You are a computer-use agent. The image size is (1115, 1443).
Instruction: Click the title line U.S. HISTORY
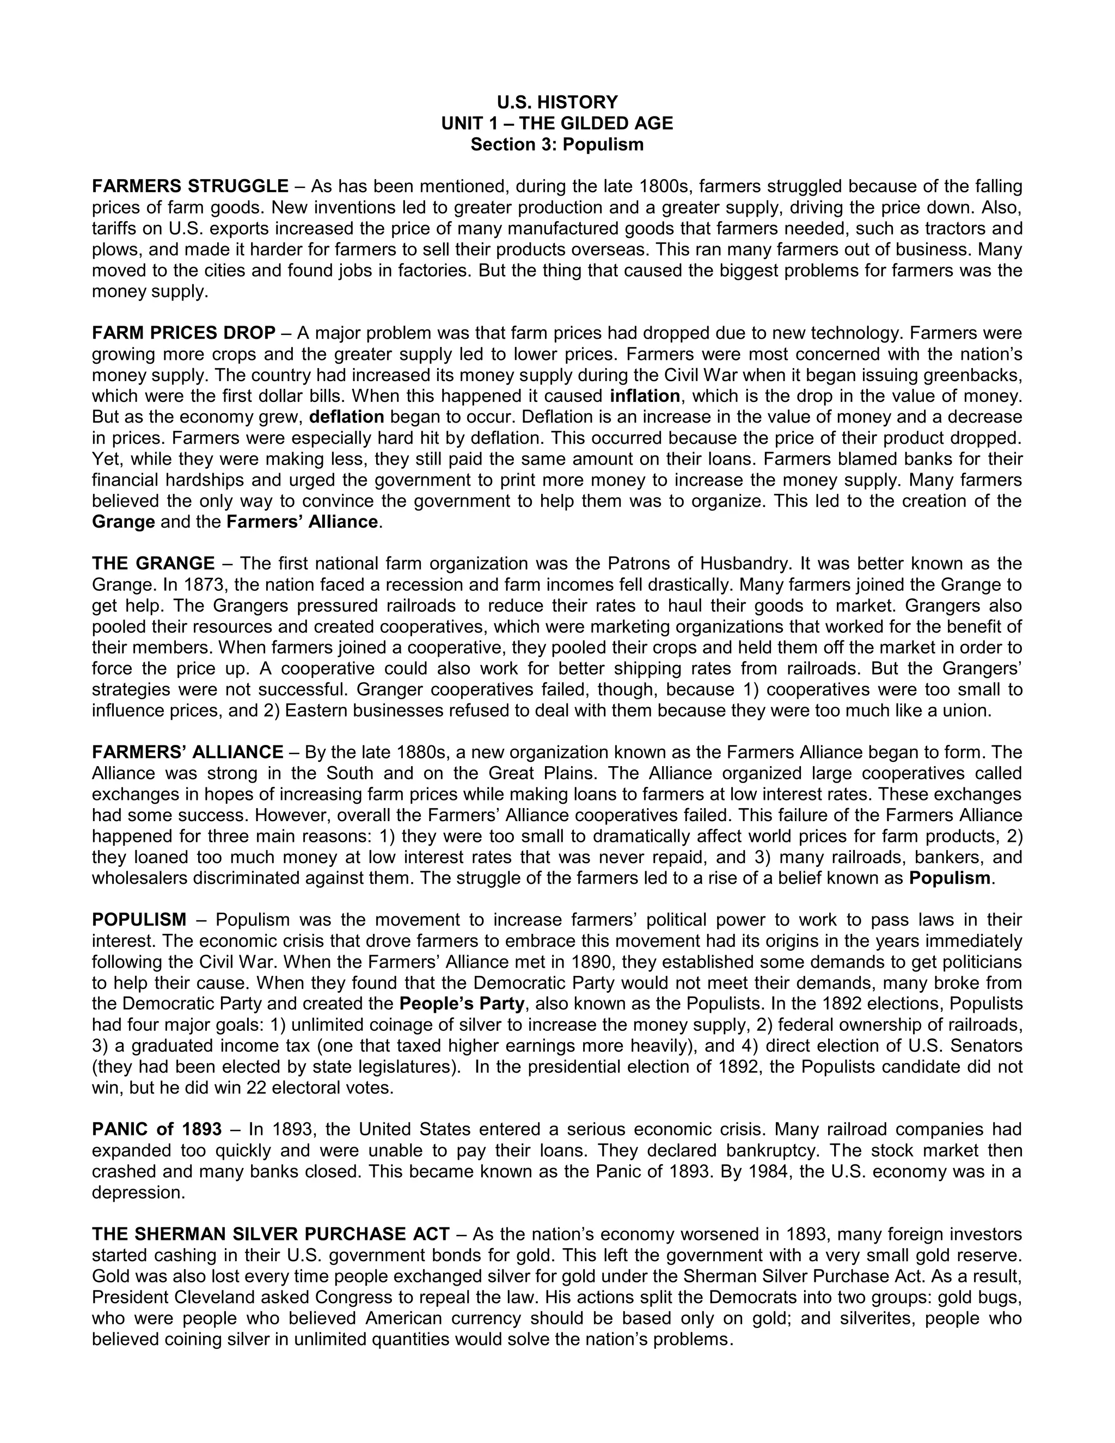tap(557, 102)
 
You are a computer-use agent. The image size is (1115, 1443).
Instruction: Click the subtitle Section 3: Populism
tap(557, 145)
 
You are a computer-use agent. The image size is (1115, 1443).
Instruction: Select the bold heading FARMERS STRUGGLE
tap(190, 186)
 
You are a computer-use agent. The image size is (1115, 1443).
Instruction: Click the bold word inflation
tap(645, 396)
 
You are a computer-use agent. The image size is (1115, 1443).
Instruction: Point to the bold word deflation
tap(347, 417)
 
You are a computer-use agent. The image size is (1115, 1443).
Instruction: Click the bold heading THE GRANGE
tap(153, 564)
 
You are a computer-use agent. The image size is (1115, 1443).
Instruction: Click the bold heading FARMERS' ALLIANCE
tap(188, 753)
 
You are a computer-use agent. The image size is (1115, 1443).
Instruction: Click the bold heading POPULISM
tap(139, 920)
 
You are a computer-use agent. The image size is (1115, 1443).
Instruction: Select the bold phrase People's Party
tap(462, 1004)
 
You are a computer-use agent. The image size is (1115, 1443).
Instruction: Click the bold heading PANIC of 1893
tap(157, 1130)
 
